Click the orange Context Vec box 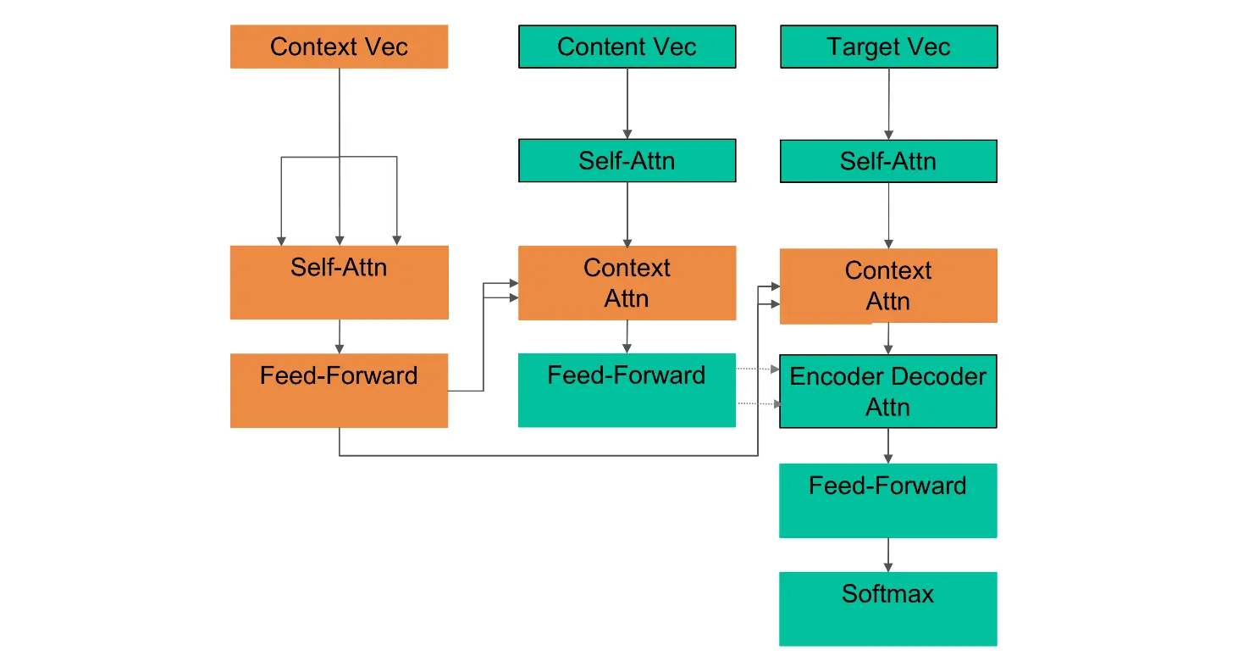pos(339,47)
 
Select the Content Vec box pos(627,47)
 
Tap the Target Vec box pos(888,47)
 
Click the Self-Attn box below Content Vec pos(627,161)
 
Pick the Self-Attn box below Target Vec pos(888,161)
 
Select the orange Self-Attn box pos(339,282)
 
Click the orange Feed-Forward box pos(339,391)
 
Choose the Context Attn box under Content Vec pos(627,283)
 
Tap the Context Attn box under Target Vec pos(888,286)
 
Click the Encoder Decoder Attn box pos(888,392)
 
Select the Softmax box pos(888,608)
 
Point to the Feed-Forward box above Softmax pos(888,500)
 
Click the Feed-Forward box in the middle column pos(627,391)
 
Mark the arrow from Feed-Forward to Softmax pos(888,554)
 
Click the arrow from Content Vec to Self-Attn pos(627,103)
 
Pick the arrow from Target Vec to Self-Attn pos(889,103)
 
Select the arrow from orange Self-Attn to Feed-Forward pos(340,336)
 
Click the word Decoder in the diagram pos(940,377)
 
